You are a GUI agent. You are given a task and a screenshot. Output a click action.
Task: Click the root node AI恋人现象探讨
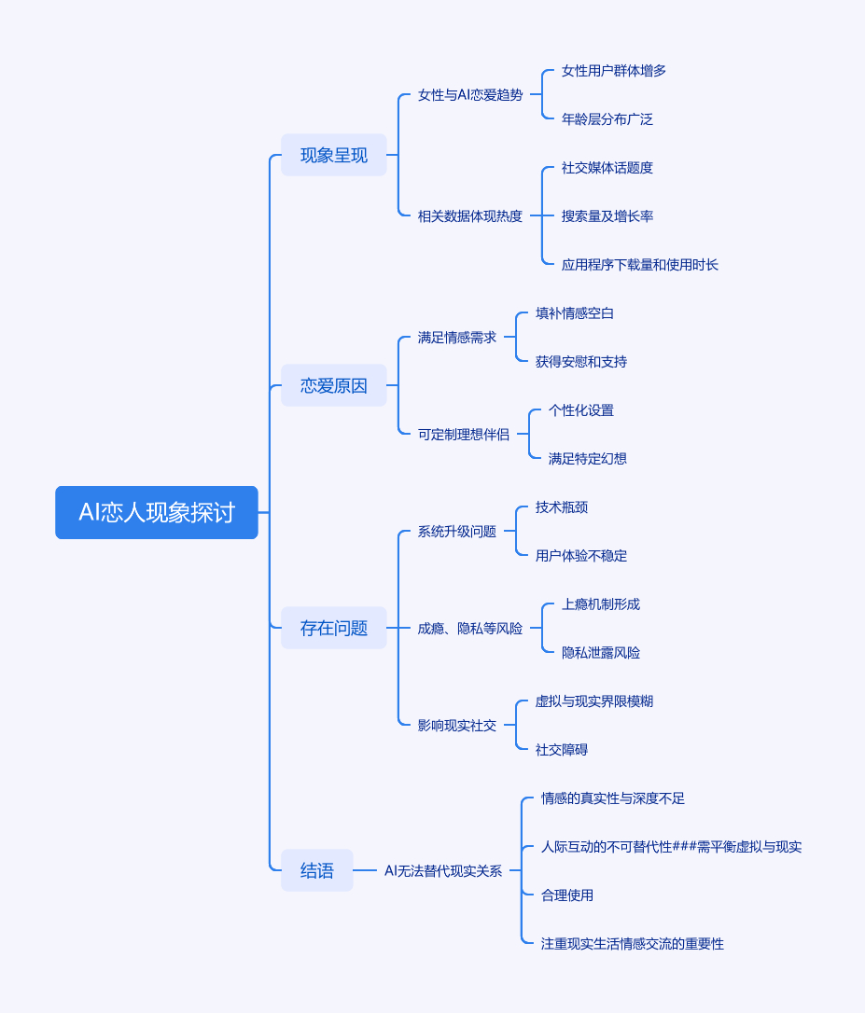tap(157, 512)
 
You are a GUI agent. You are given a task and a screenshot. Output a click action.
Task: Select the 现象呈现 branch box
tap(334, 155)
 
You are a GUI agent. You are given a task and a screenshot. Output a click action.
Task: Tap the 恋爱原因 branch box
tap(334, 385)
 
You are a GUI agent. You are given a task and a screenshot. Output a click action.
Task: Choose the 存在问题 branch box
tap(334, 628)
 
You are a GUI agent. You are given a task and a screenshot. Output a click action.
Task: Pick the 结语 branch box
tap(317, 870)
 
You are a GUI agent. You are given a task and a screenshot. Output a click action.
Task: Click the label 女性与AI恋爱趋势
tap(470, 95)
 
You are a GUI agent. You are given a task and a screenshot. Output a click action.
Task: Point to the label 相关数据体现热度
tap(470, 216)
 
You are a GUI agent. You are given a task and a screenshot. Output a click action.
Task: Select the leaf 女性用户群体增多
tap(614, 71)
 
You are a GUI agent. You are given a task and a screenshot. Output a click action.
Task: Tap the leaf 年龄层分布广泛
tap(607, 119)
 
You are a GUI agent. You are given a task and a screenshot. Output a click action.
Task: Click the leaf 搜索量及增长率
tap(607, 216)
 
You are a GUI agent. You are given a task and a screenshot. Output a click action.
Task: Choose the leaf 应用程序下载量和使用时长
tap(640, 265)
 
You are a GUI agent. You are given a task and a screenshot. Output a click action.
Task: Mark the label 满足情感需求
tap(457, 338)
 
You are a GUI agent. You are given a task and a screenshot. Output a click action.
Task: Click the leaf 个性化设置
tap(581, 410)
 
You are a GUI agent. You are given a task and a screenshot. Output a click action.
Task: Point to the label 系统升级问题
tap(457, 532)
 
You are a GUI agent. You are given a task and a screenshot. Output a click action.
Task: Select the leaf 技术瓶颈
tap(562, 507)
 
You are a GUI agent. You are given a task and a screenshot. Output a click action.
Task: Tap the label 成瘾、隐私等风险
tap(470, 629)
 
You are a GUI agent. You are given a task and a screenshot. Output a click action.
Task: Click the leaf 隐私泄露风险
tap(601, 653)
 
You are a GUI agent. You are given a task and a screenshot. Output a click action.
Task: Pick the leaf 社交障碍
tap(562, 750)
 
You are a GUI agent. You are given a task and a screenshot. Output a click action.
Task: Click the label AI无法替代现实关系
tap(443, 871)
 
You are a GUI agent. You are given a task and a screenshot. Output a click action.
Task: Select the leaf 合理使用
tap(567, 895)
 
